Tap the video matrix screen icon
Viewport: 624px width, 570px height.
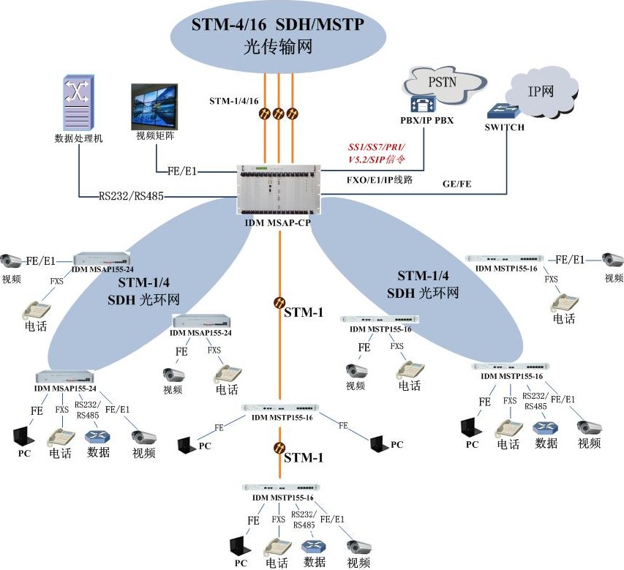pos(154,107)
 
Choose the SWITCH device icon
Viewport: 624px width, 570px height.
pos(504,111)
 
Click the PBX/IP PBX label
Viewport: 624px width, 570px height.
pos(427,120)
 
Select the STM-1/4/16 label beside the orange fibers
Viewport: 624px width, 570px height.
pos(234,100)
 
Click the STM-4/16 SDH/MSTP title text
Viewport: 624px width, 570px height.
pos(278,25)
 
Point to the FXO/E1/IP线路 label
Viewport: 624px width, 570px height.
pos(380,178)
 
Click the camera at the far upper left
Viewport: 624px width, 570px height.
pos(12,260)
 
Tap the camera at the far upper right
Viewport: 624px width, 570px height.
pos(612,260)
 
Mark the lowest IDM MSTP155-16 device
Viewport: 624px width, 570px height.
pos(282,487)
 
